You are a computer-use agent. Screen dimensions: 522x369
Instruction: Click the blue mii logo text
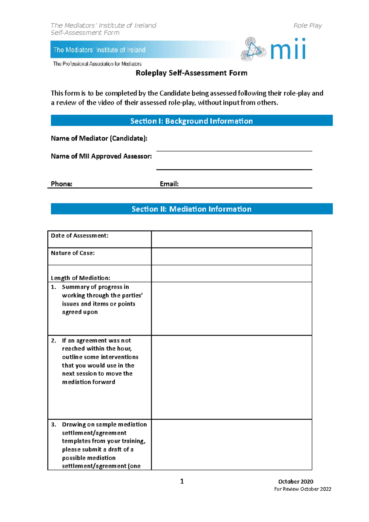288,49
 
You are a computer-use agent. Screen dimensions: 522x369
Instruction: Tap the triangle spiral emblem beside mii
253,49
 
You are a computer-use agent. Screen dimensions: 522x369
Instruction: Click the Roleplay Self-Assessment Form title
191,73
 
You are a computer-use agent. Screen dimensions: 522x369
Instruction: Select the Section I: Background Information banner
191,121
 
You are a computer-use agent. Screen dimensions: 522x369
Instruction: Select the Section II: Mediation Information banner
191,209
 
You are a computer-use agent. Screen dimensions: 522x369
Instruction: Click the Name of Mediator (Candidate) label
99,138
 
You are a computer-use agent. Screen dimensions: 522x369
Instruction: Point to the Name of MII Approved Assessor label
101,156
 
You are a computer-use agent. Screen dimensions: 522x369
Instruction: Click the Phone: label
61,184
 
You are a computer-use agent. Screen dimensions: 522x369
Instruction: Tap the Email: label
169,184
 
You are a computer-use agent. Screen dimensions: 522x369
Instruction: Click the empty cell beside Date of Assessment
232,239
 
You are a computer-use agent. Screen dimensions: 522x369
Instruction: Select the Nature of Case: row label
73,253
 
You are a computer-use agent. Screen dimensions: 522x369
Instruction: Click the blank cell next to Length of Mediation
232,274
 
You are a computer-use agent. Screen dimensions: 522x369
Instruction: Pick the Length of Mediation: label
80,278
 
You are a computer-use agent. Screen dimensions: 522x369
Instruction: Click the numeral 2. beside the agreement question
54,341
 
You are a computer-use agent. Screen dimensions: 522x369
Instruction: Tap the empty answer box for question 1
232,308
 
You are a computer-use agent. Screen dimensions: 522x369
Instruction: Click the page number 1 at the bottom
182,481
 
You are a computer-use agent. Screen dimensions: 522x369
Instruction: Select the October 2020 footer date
296,481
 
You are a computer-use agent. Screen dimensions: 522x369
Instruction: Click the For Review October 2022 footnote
303,489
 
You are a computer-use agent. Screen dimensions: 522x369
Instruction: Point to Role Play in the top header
307,26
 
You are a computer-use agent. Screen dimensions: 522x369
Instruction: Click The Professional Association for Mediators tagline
97,64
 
